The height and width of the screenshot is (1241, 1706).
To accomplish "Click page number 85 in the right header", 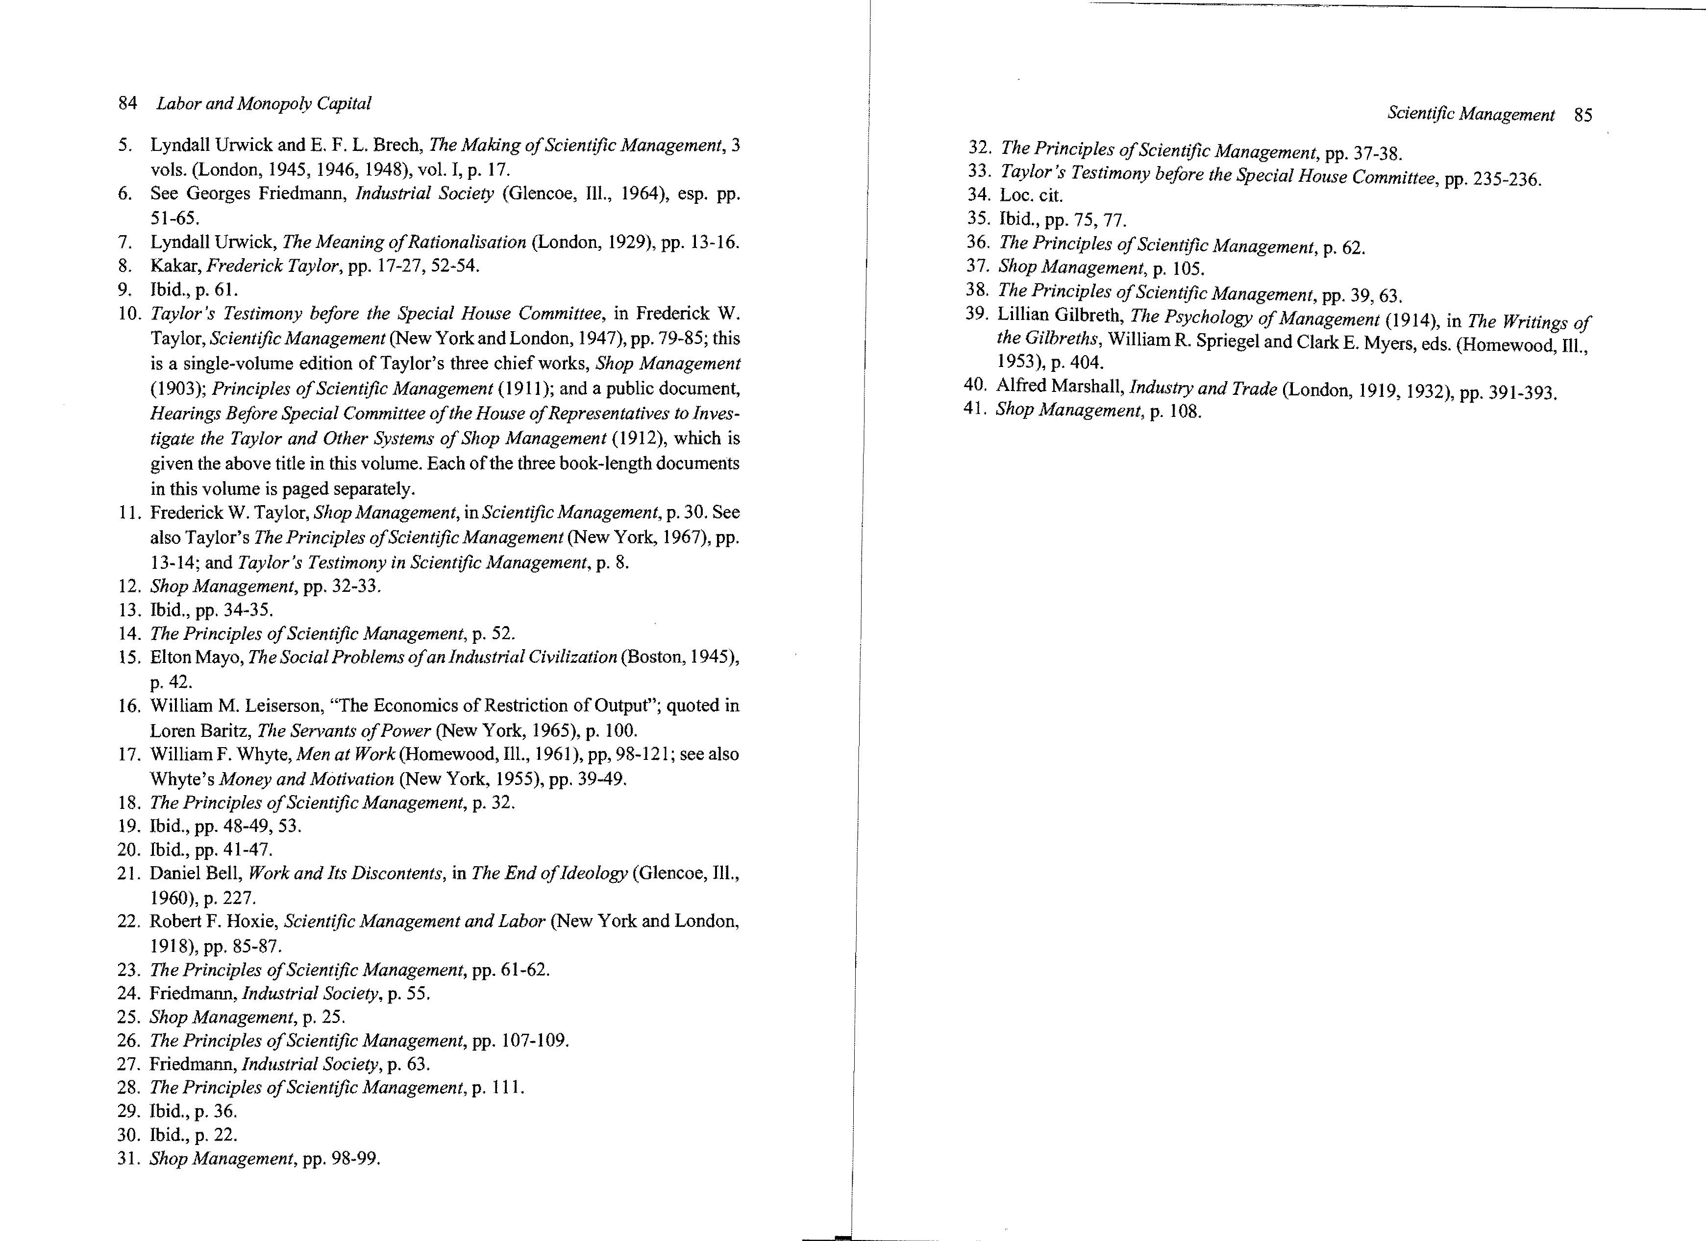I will tap(1582, 115).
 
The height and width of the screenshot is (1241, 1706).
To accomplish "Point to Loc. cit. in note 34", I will tap(1031, 195).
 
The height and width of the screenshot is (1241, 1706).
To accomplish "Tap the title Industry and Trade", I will tap(1203, 389).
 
